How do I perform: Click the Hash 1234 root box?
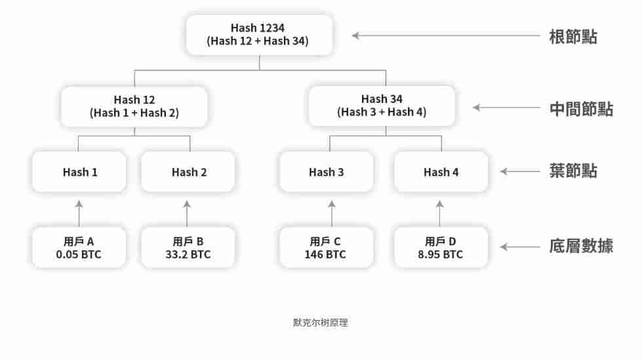[x=259, y=35]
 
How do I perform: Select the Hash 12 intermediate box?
[x=134, y=106]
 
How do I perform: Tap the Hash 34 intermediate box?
[x=382, y=106]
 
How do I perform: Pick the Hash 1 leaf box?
[x=79, y=172]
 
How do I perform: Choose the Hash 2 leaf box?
[x=188, y=172]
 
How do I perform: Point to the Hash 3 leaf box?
[x=327, y=172]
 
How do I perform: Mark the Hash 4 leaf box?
[x=441, y=172]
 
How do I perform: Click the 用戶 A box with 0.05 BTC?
[x=79, y=247]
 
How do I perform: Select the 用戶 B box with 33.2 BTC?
[x=188, y=247]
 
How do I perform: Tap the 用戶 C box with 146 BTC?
[x=327, y=247]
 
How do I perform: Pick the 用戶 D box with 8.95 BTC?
[x=441, y=247]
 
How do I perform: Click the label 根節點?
[x=572, y=36]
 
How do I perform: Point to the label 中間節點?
[x=581, y=108]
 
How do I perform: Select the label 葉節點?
[x=572, y=171]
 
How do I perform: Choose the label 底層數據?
[x=581, y=247]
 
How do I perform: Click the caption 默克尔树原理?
[x=320, y=323]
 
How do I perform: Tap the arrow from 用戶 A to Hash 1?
[x=79, y=213]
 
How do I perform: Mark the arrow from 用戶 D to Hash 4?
[x=440, y=213]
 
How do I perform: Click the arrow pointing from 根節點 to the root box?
[x=446, y=35]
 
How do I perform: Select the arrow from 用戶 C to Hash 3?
[x=331, y=213]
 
